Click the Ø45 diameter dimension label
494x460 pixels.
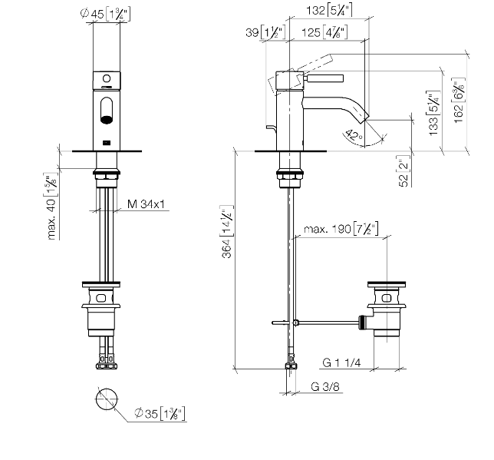pyautogui.click(x=105, y=14)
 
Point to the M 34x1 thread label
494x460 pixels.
pyautogui.click(x=147, y=204)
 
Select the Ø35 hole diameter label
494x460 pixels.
pyautogui.click(x=160, y=413)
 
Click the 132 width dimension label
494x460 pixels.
pyautogui.click(x=329, y=11)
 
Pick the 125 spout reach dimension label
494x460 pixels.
pyautogui.click(x=324, y=32)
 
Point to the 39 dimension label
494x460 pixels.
pyautogui.click(x=265, y=32)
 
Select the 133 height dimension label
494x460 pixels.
pyautogui.click(x=434, y=113)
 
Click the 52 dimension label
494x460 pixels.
pyautogui.click(x=404, y=171)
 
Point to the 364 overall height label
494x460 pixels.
pyautogui.click(x=227, y=232)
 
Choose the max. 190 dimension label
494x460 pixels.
pyautogui.click(x=341, y=229)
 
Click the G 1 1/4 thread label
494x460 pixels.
pyautogui.click(x=341, y=362)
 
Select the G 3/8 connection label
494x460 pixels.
pyautogui.click(x=325, y=386)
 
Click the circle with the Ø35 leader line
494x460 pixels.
pyautogui.click(x=107, y=399)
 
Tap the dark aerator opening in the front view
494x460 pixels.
pyautogui.click(x=107, y=120)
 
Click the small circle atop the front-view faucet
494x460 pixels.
pyautogui.click(x=107, y=78)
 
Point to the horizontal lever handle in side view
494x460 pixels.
pyautogui.click(x=324, y=79)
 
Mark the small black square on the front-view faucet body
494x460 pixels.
pyautogui.click(x=107, y=144)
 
